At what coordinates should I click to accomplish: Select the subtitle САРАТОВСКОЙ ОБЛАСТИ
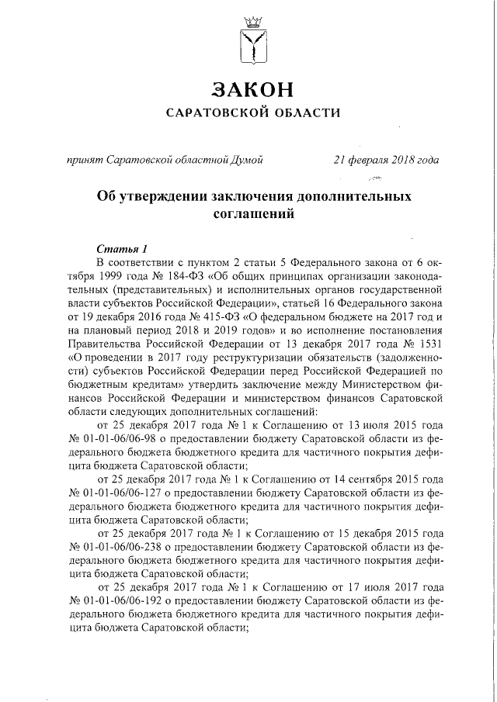coord(254,112)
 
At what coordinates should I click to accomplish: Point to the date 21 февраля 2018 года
coord(385,161)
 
